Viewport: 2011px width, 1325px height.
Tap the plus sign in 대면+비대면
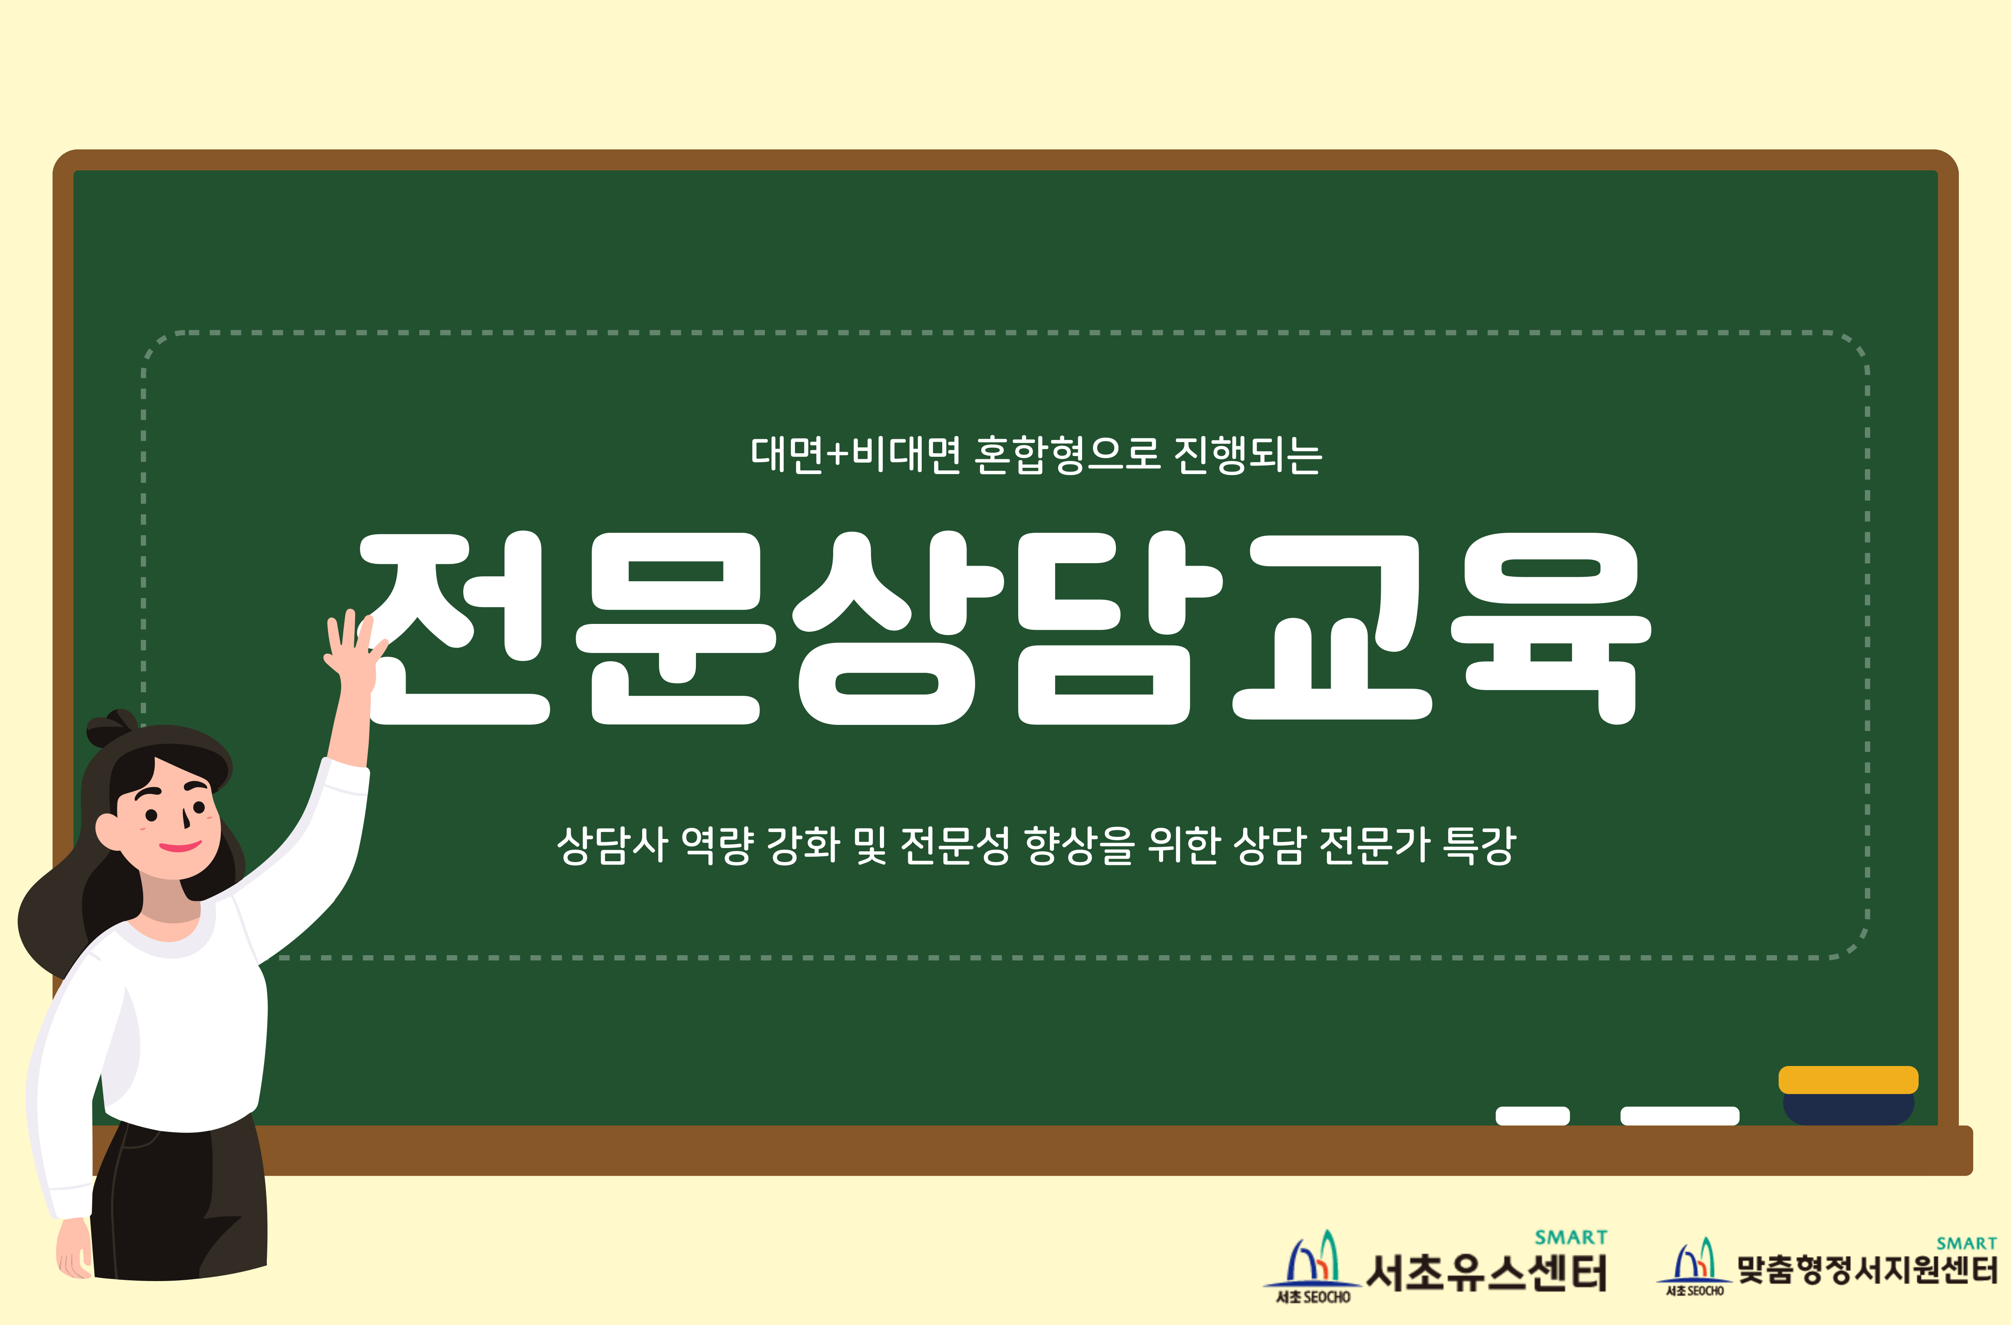click(x=837, y=455)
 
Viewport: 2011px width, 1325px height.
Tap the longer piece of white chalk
click(x=1680, y=1115)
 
